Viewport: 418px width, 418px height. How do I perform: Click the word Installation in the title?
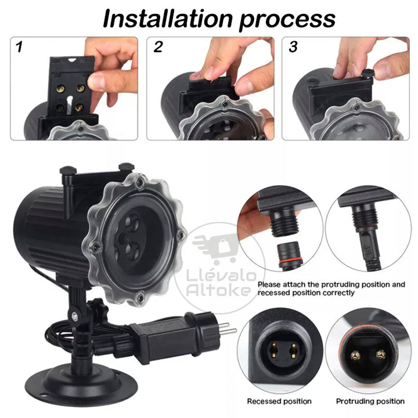(168, 19)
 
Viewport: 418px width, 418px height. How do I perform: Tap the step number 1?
(19, 47)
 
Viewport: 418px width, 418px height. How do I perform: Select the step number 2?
(158, 47)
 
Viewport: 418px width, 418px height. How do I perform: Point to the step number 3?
(293, 47)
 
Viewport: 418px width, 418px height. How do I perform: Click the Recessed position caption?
(279, 401)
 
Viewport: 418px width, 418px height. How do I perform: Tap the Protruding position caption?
(370, 401)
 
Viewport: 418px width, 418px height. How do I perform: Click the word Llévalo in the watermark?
(221, 276)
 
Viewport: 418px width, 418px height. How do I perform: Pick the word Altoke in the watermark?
(219, 290)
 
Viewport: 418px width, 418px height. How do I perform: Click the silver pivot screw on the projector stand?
(75, 316)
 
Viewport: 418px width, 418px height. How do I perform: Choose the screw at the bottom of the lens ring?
(140, 296)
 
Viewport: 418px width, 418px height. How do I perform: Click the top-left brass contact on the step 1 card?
(60, 89)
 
